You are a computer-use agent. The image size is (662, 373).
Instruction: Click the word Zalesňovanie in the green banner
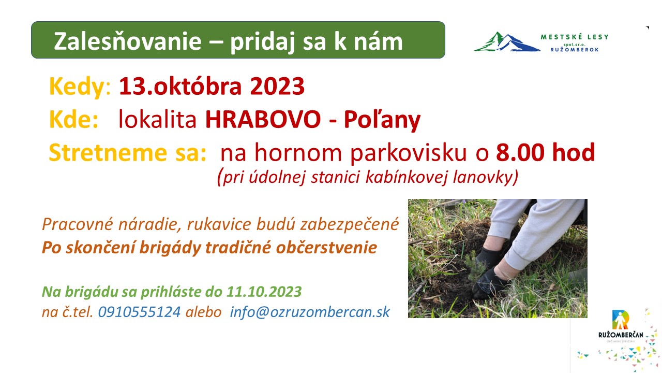128,41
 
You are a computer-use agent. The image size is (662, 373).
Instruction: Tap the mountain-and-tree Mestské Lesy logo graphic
507,42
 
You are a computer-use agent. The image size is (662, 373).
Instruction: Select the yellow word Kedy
77,87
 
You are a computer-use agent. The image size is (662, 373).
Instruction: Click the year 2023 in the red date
277,86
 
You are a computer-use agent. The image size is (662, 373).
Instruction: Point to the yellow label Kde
73,119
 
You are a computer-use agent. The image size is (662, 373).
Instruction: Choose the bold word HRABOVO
263,119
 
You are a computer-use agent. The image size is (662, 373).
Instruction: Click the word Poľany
382,120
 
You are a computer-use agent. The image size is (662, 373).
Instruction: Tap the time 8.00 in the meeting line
520,152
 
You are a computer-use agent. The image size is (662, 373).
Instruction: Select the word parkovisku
409,153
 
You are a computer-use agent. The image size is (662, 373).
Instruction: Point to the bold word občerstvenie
326,248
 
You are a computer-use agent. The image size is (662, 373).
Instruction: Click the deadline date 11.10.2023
264,292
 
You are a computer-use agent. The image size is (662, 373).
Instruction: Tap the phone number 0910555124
139,312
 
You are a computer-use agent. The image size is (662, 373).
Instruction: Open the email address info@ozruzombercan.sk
310,312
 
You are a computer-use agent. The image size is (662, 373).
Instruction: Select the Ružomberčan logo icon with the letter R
620,320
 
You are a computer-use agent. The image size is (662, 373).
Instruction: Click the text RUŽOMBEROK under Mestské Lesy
575,50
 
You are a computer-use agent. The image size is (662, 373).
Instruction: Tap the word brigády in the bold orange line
170,248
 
